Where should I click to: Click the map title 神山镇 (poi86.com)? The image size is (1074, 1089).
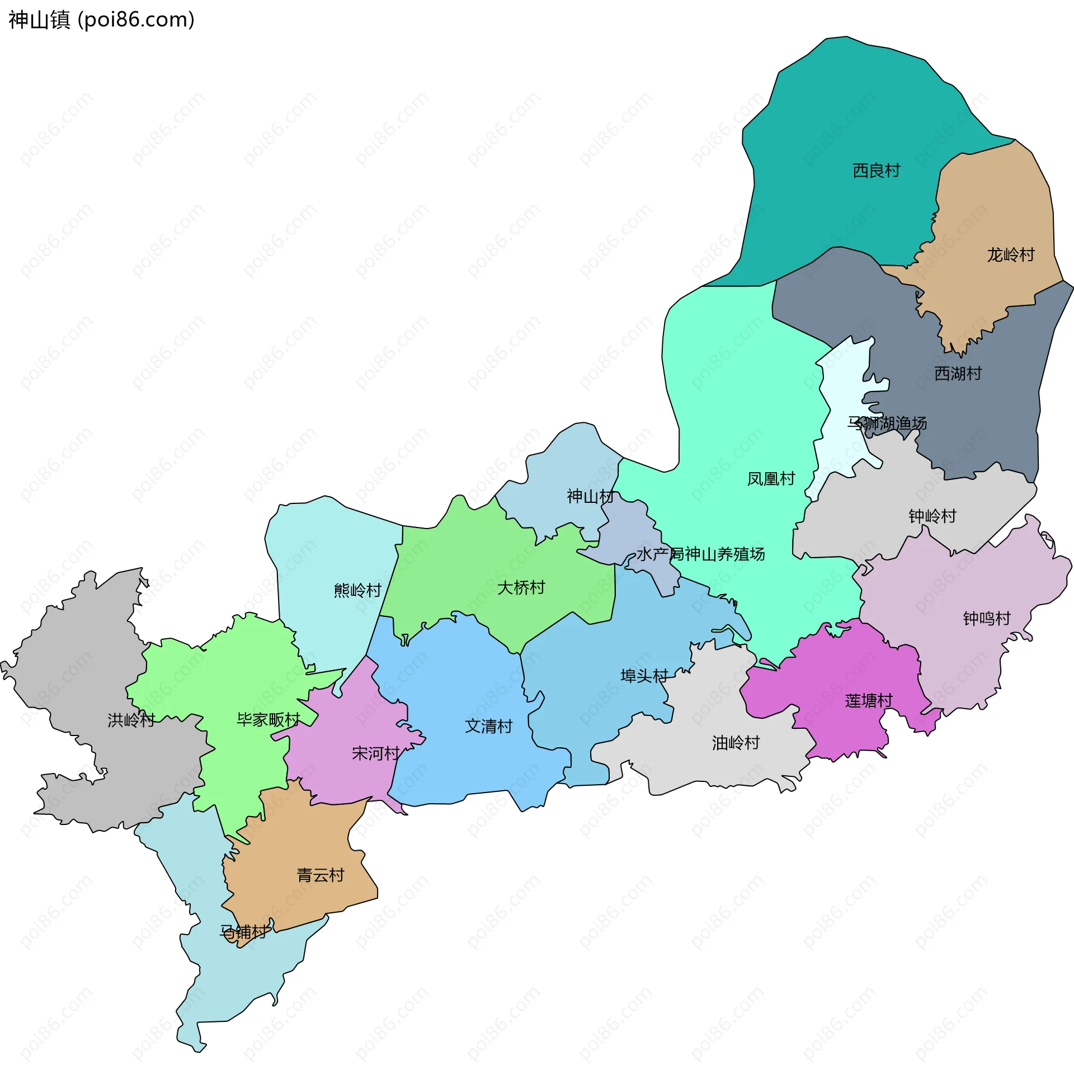101,20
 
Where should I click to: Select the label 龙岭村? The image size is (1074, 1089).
1010,255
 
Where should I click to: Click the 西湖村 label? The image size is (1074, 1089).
957,373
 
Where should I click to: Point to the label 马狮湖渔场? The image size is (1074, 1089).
887,423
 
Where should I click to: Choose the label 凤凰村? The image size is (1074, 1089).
771,479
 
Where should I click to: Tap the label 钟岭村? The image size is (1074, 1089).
932,516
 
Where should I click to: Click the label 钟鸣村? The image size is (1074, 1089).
987,619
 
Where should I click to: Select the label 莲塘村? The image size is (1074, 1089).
869,701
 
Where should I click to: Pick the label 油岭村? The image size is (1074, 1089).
736,743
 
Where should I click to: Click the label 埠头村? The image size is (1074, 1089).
644,676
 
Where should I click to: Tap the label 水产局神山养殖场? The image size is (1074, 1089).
701,555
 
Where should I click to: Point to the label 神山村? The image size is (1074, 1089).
590,497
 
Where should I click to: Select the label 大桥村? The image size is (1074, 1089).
521,588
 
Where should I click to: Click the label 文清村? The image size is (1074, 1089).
489,726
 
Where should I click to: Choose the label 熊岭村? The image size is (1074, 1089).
357,590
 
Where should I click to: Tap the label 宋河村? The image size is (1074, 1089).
375,753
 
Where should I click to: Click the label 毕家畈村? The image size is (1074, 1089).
268,720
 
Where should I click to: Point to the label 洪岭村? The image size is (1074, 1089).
131,720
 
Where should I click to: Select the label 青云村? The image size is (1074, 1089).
320,875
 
